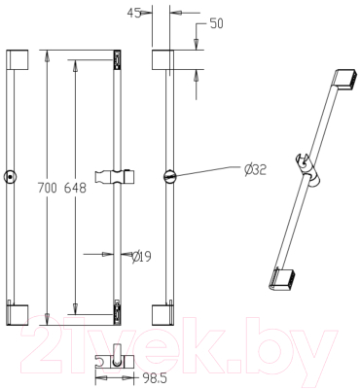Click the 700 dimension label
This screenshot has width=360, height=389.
coord(48,188)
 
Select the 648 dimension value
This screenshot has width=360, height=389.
coord(75,188)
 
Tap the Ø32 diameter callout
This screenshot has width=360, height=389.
coord(256,169)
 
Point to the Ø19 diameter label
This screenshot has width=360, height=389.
coord(142,257)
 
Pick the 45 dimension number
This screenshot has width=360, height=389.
coord(133,14)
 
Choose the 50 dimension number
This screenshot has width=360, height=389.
coord(217,23)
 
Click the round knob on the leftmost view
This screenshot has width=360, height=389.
coord(11,177)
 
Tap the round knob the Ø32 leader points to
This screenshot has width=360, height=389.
coord(170,177)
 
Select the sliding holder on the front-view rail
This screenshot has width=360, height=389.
coord(115,177)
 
